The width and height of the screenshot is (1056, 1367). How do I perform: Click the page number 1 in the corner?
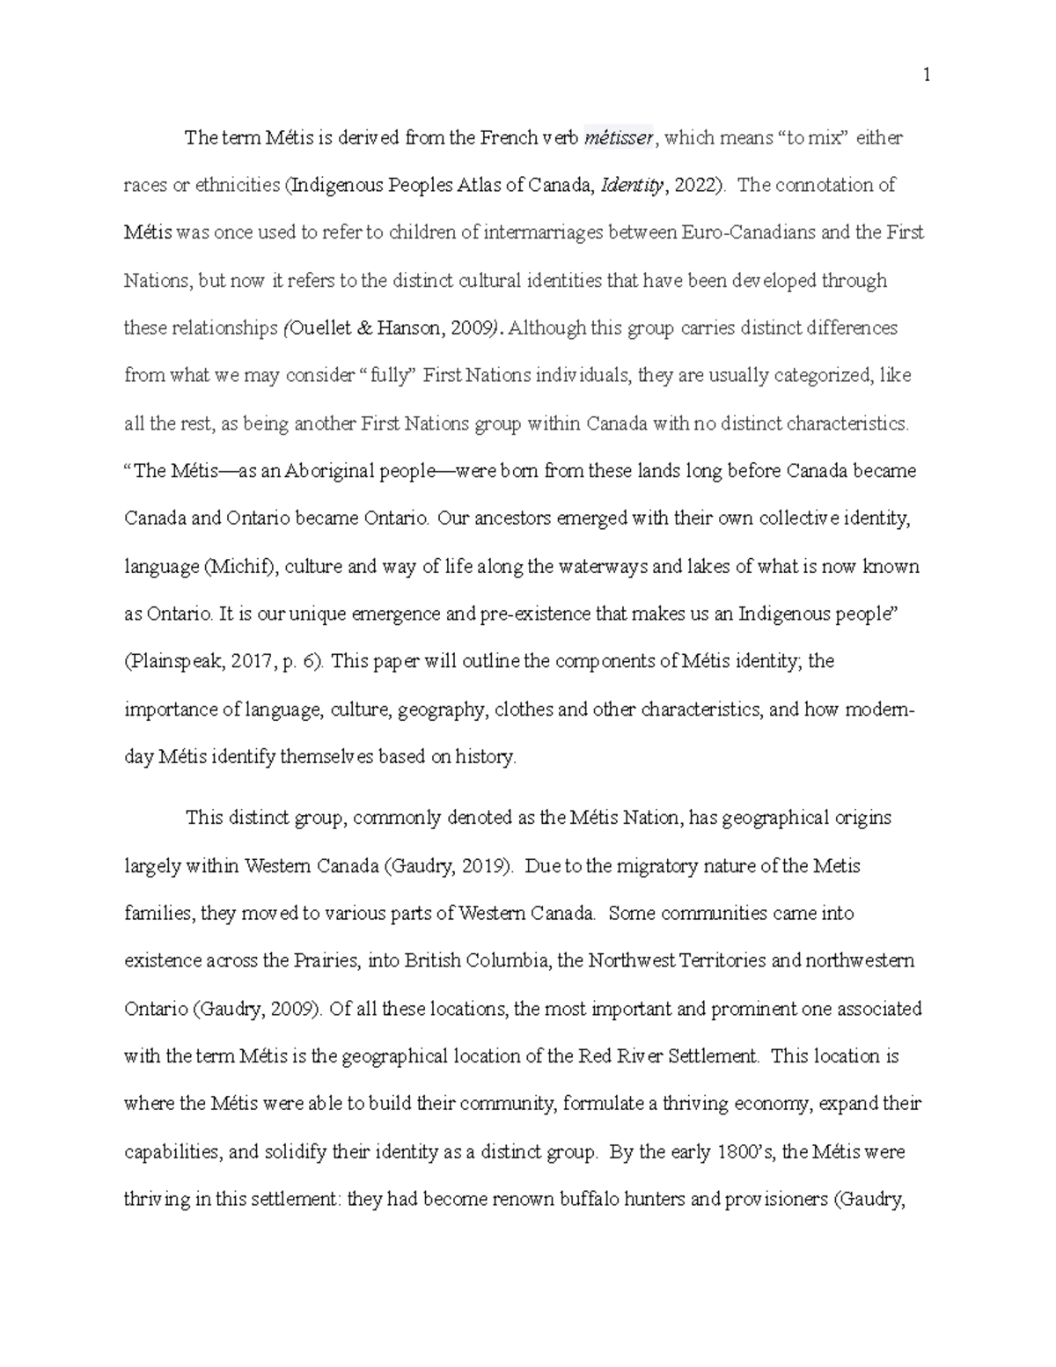tap(927, 77)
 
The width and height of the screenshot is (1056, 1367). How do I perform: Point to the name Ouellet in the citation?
tap(320, 328)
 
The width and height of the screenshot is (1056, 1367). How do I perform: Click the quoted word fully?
tap(392, 376)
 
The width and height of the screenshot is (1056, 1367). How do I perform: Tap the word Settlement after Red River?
tap(715, 1056)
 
